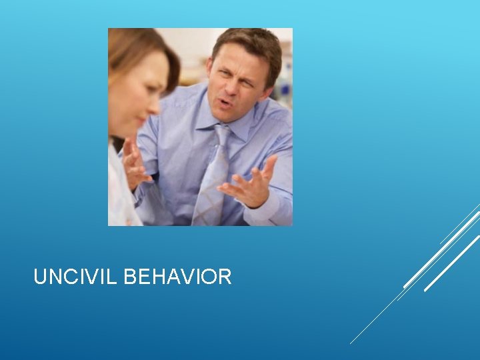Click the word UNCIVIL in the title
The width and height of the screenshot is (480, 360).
pyautogui.click(x=76, y=277)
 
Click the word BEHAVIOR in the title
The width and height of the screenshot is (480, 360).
pyautogui.click(x=177, y=277)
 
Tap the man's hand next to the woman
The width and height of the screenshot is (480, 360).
pyautogui.click(x=135, y=164)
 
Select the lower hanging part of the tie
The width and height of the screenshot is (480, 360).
pyautogui.click(x=209, y=193)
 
